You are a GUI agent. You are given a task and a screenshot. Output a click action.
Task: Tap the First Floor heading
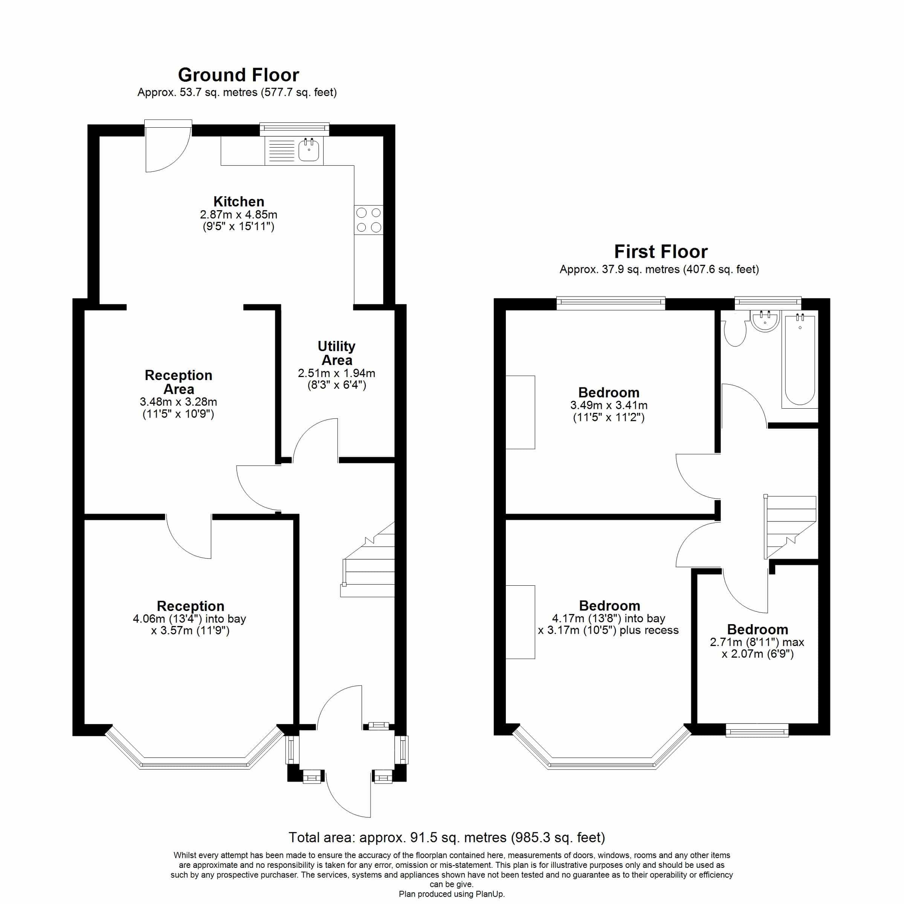661,252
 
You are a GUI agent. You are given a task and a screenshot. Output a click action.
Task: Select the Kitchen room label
239,202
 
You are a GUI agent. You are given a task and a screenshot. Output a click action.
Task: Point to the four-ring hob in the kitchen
369,220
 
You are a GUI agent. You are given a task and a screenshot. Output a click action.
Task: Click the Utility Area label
336,353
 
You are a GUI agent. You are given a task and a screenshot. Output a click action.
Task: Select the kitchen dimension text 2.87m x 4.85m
239,215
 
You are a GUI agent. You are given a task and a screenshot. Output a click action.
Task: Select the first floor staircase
790,527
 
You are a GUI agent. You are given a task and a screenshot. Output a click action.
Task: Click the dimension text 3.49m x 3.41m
609,405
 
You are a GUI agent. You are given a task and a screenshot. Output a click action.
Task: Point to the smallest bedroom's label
757,629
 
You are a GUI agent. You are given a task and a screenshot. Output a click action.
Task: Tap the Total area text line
447,837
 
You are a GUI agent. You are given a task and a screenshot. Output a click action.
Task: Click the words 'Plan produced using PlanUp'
452,894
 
